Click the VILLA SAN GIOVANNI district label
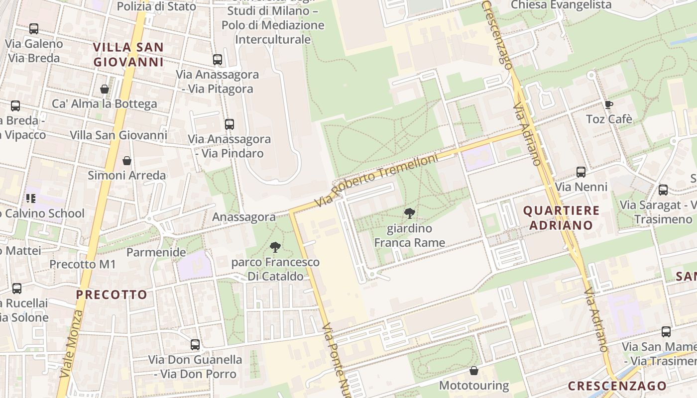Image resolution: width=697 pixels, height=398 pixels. pos(128,55)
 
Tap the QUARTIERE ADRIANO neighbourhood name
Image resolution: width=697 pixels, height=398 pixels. pos(561,217)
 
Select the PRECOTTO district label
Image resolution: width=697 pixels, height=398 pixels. pos(112,295)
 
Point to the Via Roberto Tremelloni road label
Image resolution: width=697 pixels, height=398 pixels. pos(377,181)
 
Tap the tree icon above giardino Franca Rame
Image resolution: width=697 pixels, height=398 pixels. pos(410,214)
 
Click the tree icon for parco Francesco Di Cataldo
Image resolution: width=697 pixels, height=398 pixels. pos(275,247)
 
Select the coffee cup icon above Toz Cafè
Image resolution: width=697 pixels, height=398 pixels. pos(608,104)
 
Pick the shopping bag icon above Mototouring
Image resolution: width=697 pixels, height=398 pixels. pos(473,371)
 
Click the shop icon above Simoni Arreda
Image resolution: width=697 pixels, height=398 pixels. pos(127,161)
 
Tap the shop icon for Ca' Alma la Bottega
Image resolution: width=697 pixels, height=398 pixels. pos(105,89)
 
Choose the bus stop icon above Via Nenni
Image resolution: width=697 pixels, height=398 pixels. pos(581,172)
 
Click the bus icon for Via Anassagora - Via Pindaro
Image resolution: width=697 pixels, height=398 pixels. pos(229,124)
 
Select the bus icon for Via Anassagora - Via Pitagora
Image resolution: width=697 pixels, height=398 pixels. pos(217,60)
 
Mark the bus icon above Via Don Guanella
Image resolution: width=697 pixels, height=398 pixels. pos(195,344)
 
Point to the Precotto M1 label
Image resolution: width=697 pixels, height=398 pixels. pos(83,264)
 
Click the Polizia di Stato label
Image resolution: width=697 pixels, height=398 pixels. pos(156,6)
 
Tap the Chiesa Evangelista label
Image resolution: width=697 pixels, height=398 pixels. pos(561,5)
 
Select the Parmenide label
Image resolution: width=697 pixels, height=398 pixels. pos(156,252)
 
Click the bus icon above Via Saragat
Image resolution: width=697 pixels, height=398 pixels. pos(663,190)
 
